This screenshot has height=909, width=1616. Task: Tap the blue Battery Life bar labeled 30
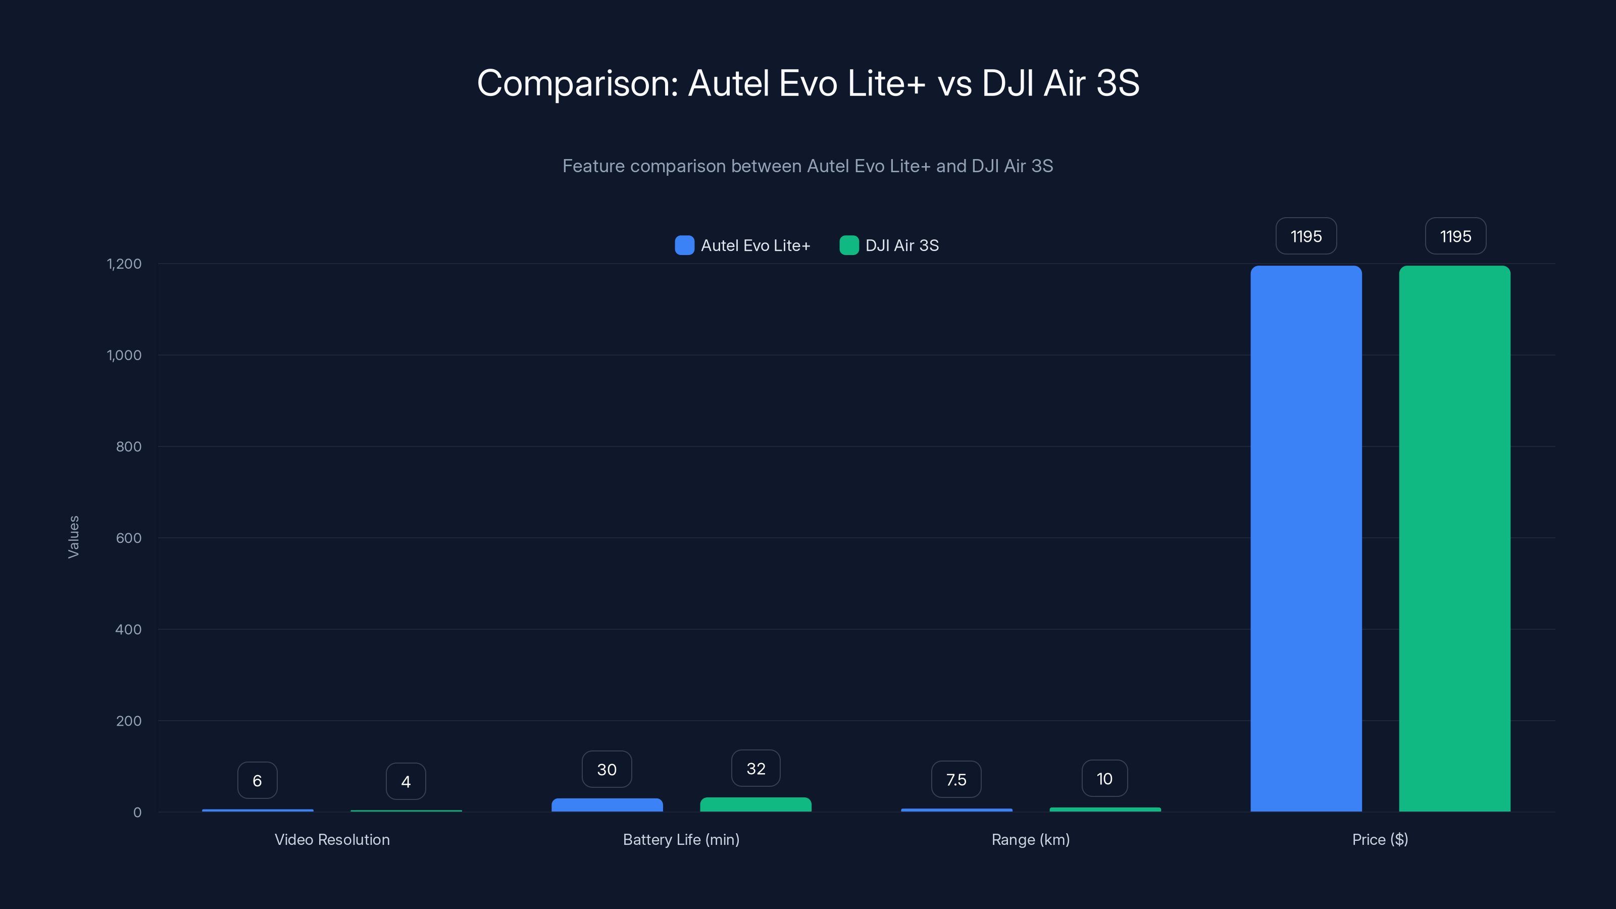pos(607,805)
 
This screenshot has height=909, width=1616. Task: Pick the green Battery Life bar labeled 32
pos(755,804)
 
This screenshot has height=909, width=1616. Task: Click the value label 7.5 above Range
pos(956,780)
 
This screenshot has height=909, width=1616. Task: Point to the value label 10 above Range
pos(1104,779)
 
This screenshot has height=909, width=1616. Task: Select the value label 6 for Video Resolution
pos(257,780)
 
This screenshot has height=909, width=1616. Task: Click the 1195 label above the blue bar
pos(1306,236)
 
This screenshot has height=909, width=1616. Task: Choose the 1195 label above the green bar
pos(1455,236)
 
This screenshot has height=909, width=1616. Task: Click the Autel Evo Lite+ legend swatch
pos(684,245)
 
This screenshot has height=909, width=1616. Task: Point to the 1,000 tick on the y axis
pos(124,355)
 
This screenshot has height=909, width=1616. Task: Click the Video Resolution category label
pos(332,839)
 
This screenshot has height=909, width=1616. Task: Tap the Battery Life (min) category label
pos(681,839)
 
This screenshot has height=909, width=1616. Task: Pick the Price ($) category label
pos(1380,839)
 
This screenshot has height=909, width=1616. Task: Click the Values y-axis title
pos(73,537)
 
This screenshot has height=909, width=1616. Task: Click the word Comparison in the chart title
pos(577,83)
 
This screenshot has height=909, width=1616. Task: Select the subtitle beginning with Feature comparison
pos(807,166)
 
